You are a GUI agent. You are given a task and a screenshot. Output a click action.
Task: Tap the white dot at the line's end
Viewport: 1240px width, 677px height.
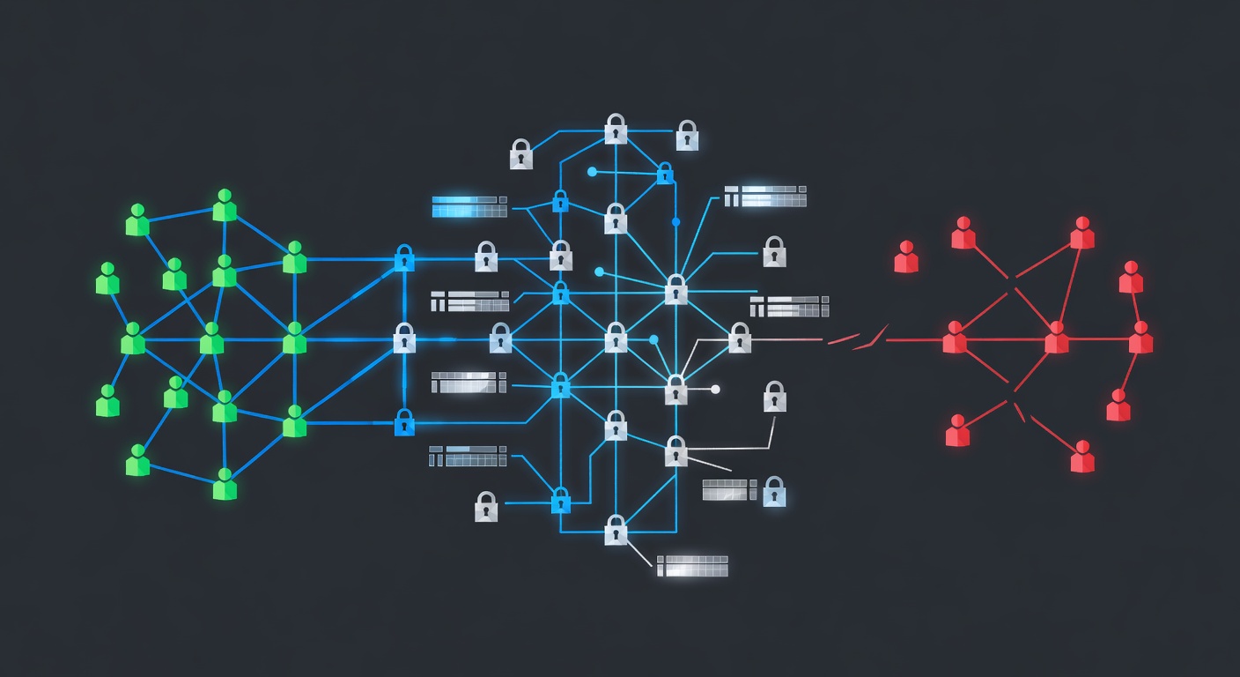tap(715, 389)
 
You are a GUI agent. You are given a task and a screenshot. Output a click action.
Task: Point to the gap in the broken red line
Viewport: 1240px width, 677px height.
tap(872, 338)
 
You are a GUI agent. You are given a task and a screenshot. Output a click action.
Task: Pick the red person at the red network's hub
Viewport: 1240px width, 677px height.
tap(1057, 338)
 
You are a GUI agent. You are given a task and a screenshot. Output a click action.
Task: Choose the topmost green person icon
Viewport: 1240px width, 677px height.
tap(225, 205)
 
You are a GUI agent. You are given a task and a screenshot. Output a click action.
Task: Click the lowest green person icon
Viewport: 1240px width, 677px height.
tap(225, 484)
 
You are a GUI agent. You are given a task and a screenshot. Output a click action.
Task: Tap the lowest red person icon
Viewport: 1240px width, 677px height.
tap(1082, 457)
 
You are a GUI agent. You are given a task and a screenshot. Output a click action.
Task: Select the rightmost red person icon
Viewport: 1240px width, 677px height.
tap(1140, 338)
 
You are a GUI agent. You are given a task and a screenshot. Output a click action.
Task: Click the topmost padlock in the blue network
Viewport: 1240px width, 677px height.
tap(616, 129)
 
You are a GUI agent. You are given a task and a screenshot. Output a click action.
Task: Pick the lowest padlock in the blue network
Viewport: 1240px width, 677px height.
tap(616, 530)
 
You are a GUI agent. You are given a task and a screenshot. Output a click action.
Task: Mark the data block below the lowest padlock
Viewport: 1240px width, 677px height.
tap(693, 566)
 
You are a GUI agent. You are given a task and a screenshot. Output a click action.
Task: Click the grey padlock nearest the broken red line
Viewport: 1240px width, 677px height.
tap(740, 337)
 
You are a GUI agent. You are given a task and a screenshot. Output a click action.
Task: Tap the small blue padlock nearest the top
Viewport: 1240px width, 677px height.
tap(665, 173)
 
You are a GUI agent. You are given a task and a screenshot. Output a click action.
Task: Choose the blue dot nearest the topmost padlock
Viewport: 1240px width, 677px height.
tap(592, 172)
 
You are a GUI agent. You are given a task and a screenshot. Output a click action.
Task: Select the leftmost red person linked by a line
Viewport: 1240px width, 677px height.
tap(955, 338)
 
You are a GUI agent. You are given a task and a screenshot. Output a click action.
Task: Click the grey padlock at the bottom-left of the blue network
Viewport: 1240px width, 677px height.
tap(486, 507)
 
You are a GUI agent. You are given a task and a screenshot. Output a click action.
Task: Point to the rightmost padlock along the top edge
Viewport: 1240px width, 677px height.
tap(687, 135)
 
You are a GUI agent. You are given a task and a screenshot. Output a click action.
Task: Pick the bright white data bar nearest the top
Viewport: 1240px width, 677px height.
tap(765, 196)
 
